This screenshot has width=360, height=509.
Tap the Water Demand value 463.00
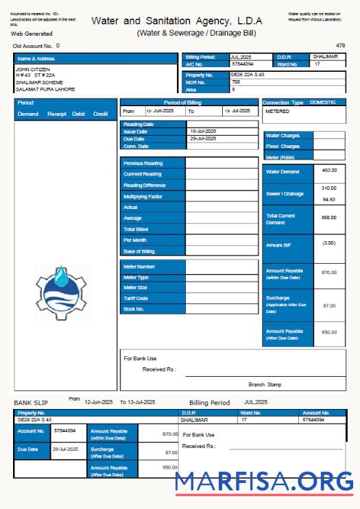coord(329,170)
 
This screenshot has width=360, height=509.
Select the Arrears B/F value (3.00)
coord(329,243)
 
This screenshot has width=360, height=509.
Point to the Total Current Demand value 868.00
coord(329,217)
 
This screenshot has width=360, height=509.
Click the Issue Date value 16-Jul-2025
coord(204,131)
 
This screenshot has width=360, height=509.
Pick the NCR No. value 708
coord(236,82)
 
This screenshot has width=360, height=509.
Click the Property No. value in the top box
coord(248,75)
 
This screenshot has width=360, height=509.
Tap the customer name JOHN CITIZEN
coord(33,69)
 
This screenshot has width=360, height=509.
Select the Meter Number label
coord(139,266)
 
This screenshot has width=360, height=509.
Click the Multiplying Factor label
coord(143,197)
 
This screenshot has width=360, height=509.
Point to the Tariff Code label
coord(136,299)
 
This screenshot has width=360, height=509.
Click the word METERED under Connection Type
coord(277,111)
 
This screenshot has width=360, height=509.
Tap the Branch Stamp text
coord(265,384)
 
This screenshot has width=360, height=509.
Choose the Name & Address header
coord(35,59)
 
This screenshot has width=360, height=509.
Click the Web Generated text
coord(32,33)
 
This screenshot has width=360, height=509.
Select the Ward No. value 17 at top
coord(317,64)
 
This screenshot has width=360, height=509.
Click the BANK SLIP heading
coord(32,402)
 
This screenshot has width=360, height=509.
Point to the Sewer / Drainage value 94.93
coord(329,199)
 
